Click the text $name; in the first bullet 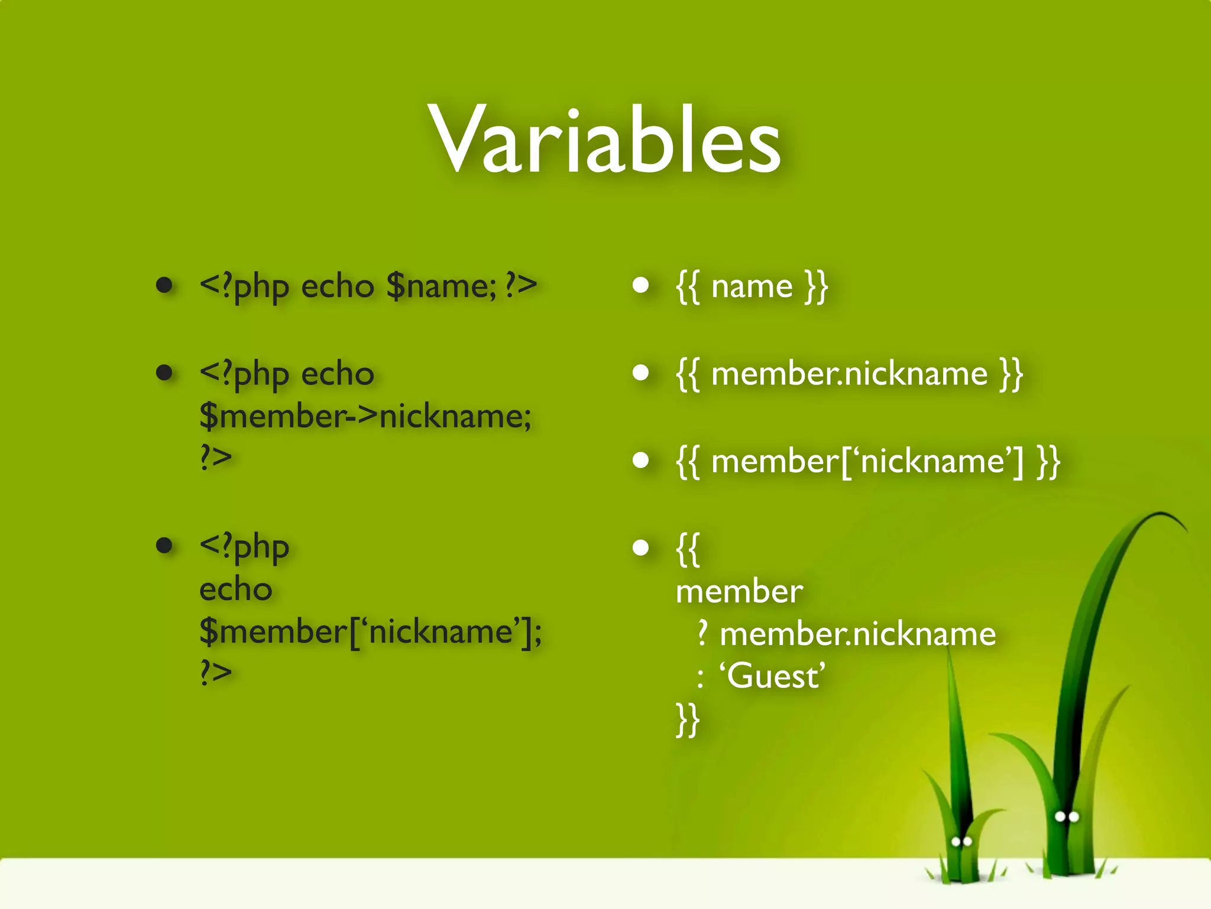pyautogui.click(x=441, y=286)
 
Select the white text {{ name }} pyautogui.click(x=752, y=287)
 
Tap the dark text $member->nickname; pyautogui.click(x=365, y=417)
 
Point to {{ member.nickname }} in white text pyautogui.click(x=849, y=374)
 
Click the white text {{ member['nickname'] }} pyautogui.click(x=867, y=462)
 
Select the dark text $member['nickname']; pyautogui.click(x=370, y=632)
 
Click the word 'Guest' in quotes pyautogui.click(x=772, y=676)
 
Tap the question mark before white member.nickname pyautogui.click(x=702, y=633)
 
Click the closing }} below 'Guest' pyautogui.click(x=688, y=720)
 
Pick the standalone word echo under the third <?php pyautogui.click(x=235, y=589)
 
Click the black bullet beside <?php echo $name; pyautogui.click(x=164, y=286)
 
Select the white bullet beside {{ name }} pyautogui.click(x=640, y=286)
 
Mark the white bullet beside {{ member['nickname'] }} pyautogui.click(x=640, y=460)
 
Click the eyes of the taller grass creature pyautogui.click(x=1067, y=817)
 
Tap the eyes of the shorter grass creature pyautogui.click(x=961, y=842)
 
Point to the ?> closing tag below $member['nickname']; pyautogui.click(x=215, y=672)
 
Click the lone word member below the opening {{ pyautogui.click(x=739, y=591)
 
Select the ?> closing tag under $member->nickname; pyautogui.click(x=215, y=457)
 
